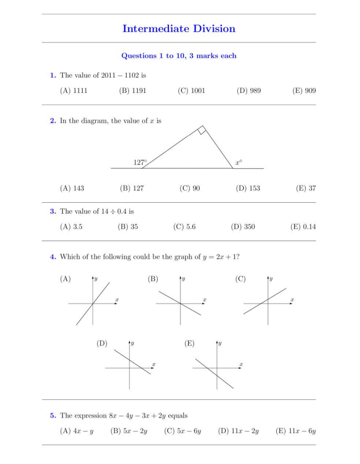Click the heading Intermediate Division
179,28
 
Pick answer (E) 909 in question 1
304,91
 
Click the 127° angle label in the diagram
140,163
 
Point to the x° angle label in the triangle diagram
238,163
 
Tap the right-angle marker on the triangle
201,131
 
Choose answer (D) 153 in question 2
247,188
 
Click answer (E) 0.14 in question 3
303,227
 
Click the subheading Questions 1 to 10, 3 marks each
179,56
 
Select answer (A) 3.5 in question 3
71,227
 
